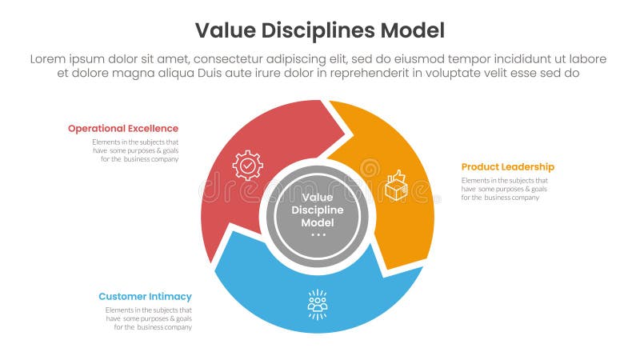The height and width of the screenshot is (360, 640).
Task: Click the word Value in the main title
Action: pos(224,30)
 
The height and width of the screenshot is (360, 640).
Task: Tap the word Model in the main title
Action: pos(414,30)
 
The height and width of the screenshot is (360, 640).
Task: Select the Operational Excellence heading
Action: pos(123,128)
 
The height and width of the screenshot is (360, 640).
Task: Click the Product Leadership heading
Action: pos(507,166)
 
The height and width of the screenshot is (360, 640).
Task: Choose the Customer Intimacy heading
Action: pos(145,296)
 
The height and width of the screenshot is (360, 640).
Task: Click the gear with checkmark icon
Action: pos(247,165)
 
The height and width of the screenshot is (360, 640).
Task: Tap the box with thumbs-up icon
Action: pos(396,185)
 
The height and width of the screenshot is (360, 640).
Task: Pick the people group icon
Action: pos(318,304)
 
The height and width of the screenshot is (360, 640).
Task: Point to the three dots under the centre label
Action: pos(318,235)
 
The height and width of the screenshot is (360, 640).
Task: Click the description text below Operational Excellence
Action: pos(134,150)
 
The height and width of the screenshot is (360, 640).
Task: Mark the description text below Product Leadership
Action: pos(504,189)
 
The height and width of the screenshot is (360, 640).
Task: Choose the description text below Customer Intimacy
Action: pos(148,318)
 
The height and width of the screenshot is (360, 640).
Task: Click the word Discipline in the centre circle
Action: pos(318,210)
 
